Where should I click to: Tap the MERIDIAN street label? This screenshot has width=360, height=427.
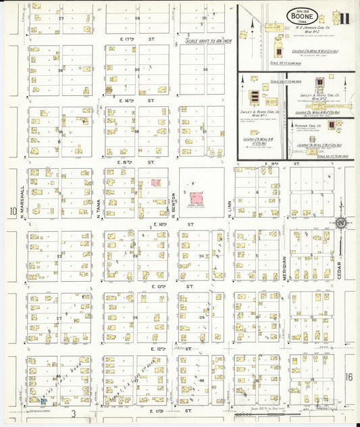284,268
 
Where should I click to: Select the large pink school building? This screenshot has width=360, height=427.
196,198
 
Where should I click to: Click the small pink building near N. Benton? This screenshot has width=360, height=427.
156,182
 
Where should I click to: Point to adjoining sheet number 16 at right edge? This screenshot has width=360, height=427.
349,376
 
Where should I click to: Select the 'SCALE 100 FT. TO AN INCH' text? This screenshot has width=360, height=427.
206,42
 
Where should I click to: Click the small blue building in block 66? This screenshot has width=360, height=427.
43,401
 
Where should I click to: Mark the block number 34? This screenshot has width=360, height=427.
61,70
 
